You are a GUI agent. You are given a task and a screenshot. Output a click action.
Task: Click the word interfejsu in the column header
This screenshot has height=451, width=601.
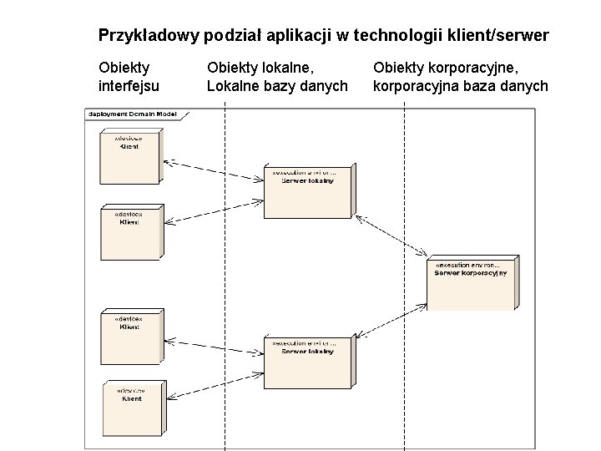click(x=129, y=85)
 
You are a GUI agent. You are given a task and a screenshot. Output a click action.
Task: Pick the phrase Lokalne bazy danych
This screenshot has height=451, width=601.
click(x=276, y=85)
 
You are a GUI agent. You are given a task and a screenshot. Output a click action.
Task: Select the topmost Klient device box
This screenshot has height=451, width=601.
click(x=128, y=155)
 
